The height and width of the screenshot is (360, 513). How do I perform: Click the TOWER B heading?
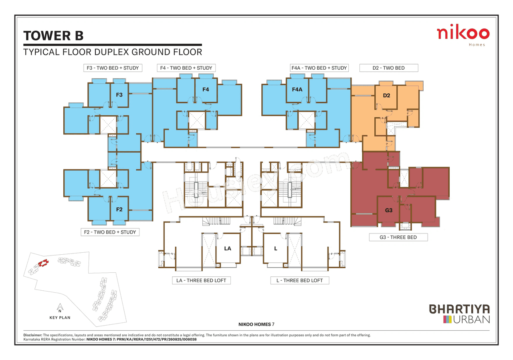tap(53, 36)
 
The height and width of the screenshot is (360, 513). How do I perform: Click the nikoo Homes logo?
tap(463, 35)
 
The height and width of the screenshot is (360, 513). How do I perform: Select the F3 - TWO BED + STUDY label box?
tap(113, 68)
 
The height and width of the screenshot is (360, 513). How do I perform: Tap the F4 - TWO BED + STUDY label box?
tap(186, 68)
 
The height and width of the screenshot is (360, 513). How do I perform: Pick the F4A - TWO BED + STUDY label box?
tap(319, 68)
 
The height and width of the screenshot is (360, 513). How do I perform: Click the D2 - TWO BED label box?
tap(388, 68)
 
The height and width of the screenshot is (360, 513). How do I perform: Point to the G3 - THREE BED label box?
tap(398, 237)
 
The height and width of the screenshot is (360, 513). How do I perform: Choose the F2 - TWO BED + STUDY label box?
tap(110, 232)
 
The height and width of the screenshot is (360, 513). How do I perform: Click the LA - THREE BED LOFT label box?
tap(201, 280)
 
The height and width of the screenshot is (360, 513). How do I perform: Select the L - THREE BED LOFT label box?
tap(299, 280)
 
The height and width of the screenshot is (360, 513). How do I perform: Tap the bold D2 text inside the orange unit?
tap(386, 96)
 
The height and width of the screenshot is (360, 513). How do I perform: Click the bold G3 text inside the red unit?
tap(388, 210)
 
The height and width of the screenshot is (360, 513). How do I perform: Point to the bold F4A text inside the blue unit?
tap(297, 90)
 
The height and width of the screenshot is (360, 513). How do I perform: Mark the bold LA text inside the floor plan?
tap(228, 249)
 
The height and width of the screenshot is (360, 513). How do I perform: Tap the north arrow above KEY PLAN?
tap(59, 308)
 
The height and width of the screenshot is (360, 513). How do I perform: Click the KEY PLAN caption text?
tap(60, 318)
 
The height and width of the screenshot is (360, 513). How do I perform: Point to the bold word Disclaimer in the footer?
tap(32, 335)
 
